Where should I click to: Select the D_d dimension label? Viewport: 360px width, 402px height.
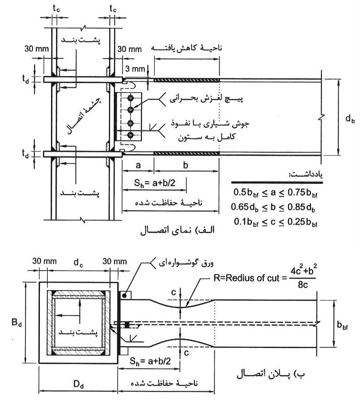click(78, 381)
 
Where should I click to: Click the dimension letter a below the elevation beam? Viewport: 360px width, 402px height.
click(138, 165)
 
